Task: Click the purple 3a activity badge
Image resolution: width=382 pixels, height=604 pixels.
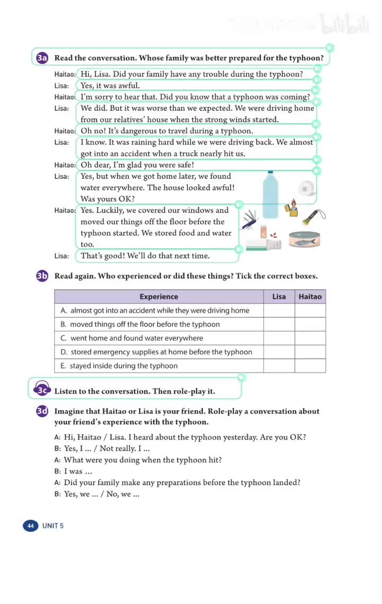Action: [x=42, y=58]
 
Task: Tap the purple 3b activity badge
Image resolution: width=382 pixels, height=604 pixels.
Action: [x=42, y=276]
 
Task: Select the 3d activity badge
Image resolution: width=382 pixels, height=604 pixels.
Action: [x=42, y=411]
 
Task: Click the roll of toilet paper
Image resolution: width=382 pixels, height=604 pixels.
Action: [x=306, y=188]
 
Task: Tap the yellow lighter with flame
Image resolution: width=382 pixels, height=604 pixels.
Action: [x=292, y=208]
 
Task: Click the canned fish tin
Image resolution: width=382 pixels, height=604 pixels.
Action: [x=304, y=239]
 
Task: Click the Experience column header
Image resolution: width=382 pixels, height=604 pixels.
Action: [x=159, y=297]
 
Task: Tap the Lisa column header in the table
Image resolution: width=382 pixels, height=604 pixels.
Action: [x=279, y=297]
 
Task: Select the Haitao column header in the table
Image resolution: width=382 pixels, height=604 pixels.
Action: [x=310, y=297]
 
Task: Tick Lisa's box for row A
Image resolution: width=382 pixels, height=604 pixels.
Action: [x=279, y=310]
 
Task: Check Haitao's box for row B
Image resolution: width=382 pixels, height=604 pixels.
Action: [x=310, y=324]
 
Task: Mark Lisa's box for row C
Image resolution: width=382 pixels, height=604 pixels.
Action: [x=279, y=338]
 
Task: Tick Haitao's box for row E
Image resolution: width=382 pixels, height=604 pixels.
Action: [x=310, y=366]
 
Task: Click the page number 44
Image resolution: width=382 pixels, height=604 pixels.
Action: [x=30, y=526]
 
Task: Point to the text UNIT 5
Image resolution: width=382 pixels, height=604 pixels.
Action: [x=53, y=526]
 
